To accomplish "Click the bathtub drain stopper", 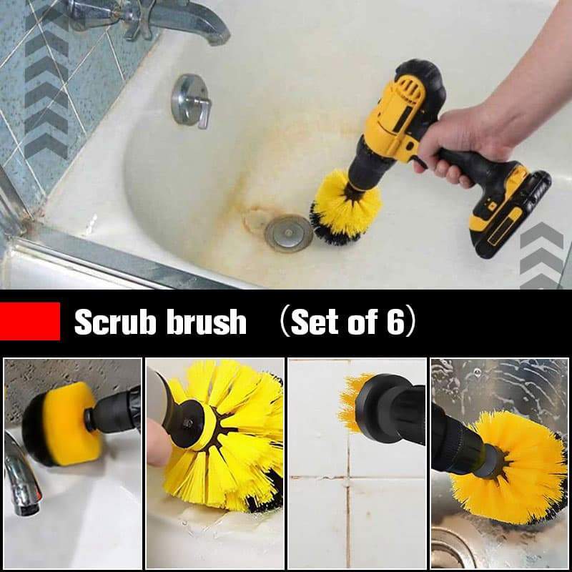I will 288,232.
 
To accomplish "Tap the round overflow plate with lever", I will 191,100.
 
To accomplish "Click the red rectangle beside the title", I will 29,321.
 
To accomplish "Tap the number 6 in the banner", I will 395,323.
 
